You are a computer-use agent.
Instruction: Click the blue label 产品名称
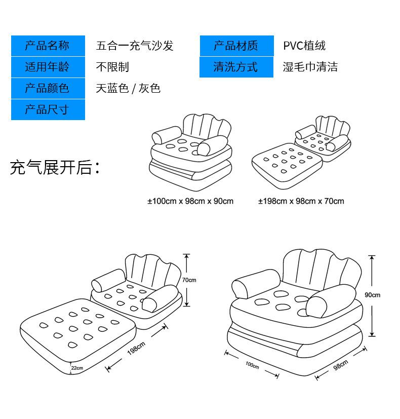48,46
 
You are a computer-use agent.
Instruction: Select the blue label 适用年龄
48,67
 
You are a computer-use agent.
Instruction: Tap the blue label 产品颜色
48,88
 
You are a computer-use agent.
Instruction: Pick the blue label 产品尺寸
48,109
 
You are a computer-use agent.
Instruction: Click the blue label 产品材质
236,46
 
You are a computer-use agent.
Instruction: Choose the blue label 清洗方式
236,67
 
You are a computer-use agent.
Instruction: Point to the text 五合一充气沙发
135,46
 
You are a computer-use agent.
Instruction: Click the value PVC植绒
304,46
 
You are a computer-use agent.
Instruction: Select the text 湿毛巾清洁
310,67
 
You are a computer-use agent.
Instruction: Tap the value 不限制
112,67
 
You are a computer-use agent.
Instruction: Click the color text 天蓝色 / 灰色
128,88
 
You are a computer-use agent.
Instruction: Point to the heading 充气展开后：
55,168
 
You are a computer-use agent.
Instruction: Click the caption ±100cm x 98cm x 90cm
190,201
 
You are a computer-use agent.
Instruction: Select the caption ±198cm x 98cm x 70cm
301,201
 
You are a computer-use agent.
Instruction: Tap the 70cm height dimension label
189,280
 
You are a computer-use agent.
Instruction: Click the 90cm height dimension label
373,295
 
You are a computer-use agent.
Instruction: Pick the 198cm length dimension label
136,350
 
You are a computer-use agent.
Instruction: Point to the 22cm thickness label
77,368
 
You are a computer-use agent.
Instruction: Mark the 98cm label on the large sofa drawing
341,366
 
